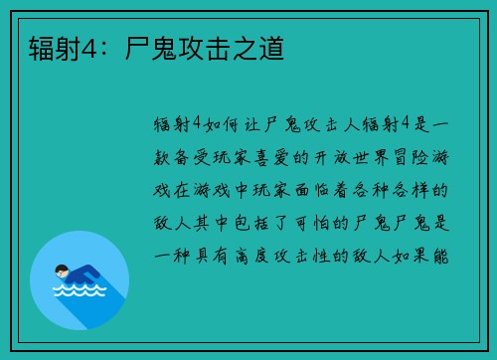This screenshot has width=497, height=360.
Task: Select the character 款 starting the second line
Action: pos(164,156)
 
